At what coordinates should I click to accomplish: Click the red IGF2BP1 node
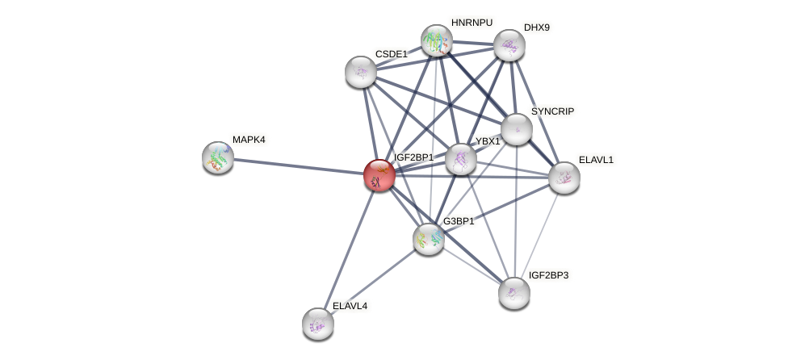[379, 175]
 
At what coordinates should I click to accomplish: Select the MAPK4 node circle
[218, 157]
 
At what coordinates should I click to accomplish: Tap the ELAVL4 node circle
[318, 324]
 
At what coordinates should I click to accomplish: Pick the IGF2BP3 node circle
[513, 293]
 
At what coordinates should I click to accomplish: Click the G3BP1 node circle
[429, 239]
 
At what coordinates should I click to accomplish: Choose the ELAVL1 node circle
[564, 178]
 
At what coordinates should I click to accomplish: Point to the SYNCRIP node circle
[516, 129]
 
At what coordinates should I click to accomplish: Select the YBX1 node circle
[461, 159]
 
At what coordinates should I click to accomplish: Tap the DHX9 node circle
[509, 45]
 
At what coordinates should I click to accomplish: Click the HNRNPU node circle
[437, 40]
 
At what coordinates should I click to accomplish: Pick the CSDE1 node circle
[361, 72]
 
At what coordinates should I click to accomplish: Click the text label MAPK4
[249, 140]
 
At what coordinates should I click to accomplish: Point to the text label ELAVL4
[350, 306]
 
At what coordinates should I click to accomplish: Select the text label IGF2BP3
[548, 275]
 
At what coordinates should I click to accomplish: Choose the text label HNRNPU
[472, 23]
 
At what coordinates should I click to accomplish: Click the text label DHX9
[536, 27]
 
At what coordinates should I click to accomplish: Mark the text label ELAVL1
[596, 160]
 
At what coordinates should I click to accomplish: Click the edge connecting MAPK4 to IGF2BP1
[299, 166]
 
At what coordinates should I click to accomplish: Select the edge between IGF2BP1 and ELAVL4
[349, 249]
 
